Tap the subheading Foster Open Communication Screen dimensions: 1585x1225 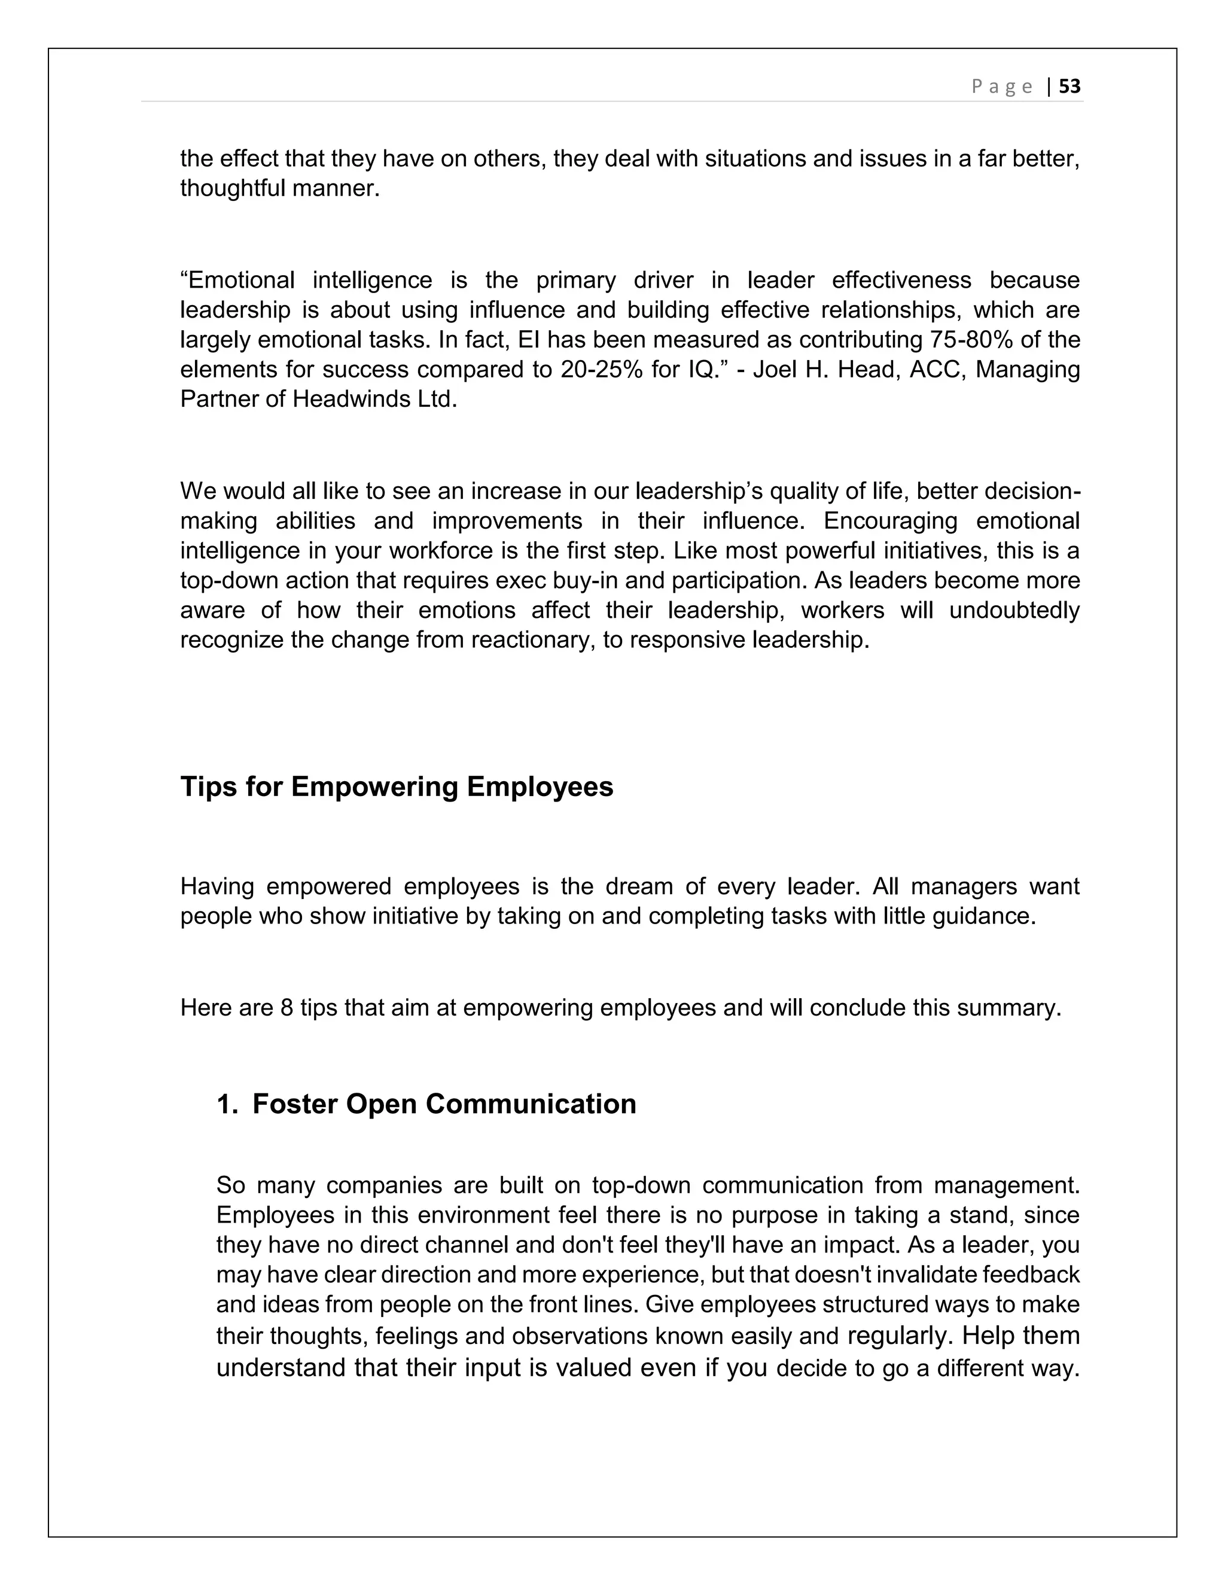tap(444, 1104)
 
